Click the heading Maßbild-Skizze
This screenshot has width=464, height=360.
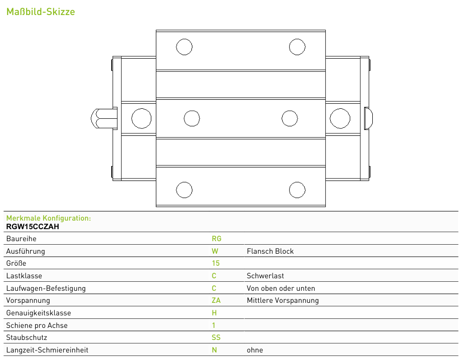tap(41, 12)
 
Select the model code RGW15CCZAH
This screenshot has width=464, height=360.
tap(33, 227)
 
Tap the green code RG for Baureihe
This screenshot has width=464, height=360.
tap(216, 239)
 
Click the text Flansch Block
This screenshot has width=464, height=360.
tap(270, 251)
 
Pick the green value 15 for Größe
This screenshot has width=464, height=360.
tap(216, 263)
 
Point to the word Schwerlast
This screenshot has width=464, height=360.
tap(265, 276)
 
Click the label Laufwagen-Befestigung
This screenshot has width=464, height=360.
tap(46, 288)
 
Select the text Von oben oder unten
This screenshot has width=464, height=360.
tap(281, 288)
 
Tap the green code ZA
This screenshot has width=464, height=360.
tap(216, 300)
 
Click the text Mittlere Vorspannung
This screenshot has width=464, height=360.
tap(283, 300)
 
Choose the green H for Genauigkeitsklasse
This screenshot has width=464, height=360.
tap(214, 313)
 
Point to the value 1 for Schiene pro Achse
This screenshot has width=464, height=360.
tap(213, 325)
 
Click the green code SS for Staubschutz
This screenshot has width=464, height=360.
tap(216, 337)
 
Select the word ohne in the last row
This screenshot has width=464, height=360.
tap(255, 350)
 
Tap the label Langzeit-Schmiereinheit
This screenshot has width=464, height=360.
tap(47, 350)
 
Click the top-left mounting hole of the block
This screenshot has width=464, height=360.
tap(184, 47)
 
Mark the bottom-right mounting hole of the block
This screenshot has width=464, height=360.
tap(297, 190)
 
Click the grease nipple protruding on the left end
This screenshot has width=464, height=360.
tap(104, 118)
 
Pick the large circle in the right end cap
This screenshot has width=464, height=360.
tap(340, 118)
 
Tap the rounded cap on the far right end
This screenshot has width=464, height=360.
tap(368, 118)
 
